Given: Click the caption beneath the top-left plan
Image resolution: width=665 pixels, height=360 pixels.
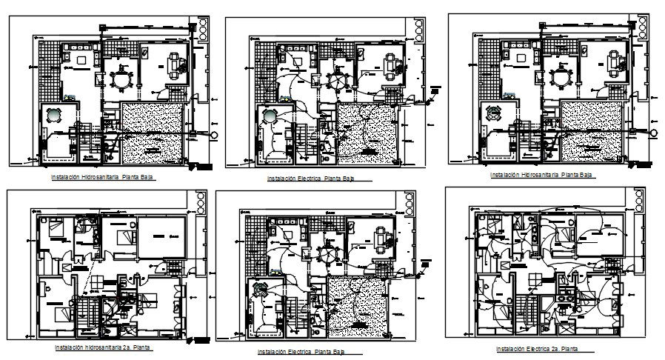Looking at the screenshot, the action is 103,178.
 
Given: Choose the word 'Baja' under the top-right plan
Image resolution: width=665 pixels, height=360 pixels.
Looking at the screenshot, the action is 584,175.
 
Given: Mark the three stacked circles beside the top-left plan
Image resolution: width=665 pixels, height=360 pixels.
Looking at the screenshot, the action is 199,28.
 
